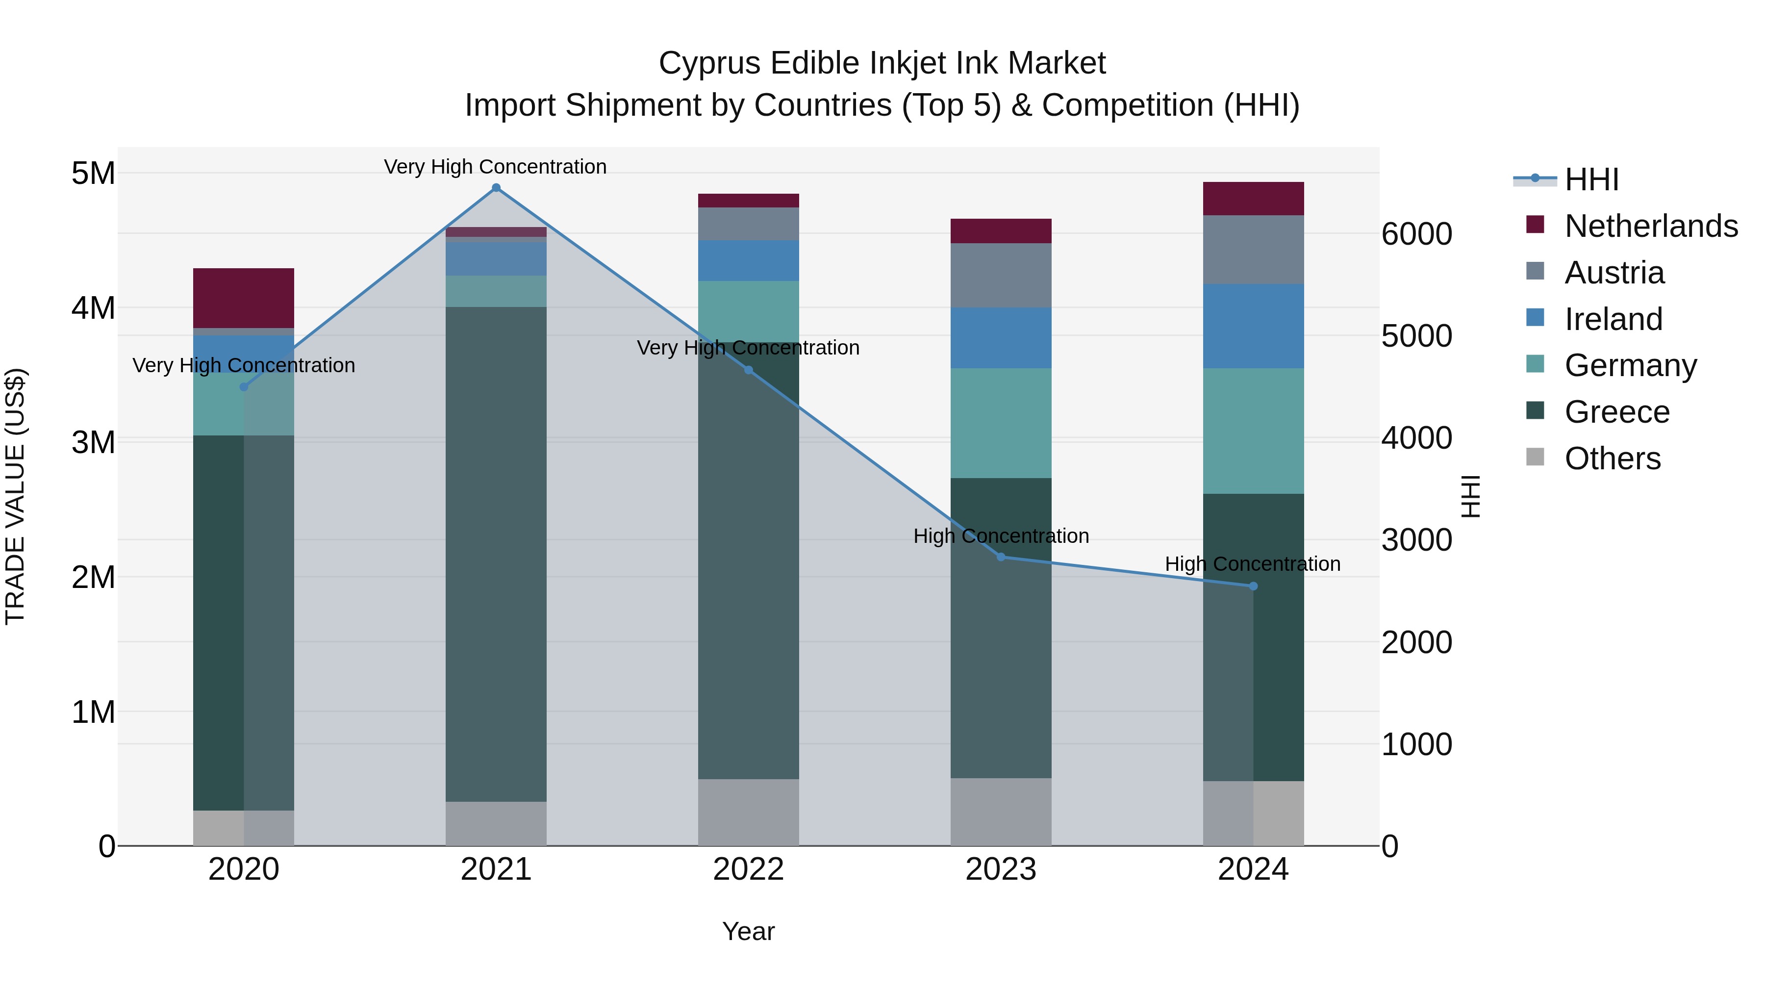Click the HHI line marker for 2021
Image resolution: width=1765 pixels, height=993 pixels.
tap(496, 188)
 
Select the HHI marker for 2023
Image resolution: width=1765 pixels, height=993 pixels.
tap(1001, 557)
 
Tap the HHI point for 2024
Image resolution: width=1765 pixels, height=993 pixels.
tap(1253, 586)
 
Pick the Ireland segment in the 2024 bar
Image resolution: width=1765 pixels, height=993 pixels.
tap(1253, 326)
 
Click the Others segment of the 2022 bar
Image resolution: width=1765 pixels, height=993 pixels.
tap(748, 812)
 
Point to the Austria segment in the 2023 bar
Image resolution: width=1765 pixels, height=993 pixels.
tap(1001, 276)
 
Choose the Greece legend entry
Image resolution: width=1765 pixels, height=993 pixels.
tap(1616, 412)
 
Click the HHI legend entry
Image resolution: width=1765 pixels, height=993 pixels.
tap(1591, 179)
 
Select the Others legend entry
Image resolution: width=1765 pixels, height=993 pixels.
tap(1612, 458)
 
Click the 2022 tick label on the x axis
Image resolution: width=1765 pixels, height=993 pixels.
tap(748, 869)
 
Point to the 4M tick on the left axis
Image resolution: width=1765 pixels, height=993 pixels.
tap(93, 307)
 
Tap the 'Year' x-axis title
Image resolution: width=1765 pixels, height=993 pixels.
tap(748, 931)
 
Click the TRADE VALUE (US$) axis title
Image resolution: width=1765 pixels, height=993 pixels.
tap(15, 496)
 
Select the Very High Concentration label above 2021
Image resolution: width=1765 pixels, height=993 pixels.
tap(495, 167)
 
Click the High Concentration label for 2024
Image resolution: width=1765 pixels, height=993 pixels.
tap(1253, 564)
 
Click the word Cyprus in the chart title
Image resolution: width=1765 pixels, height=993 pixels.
tap(709, 63)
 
